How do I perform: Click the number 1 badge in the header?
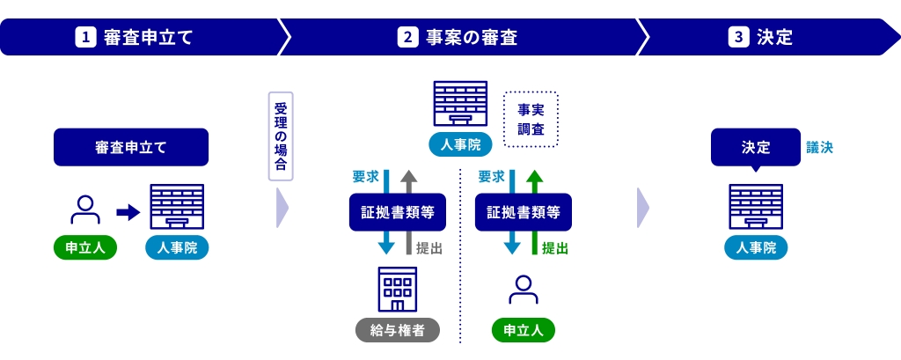coord(85,38)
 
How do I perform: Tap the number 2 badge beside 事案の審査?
coord(407,38)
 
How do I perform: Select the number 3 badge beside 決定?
coord(737,38)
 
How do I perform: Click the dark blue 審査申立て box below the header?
coord(131,147)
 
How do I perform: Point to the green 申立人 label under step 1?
coord(85,247)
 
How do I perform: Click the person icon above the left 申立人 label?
coord(85,209)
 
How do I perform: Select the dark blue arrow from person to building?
coord(128,211)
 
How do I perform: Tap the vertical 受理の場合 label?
coord(281,136)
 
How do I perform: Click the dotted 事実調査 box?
coord(531,119)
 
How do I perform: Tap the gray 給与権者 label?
coord(397,330)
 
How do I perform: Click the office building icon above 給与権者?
coord(397,289)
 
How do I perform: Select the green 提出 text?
coord(554,248)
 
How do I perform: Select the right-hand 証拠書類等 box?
coord(523,212)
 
